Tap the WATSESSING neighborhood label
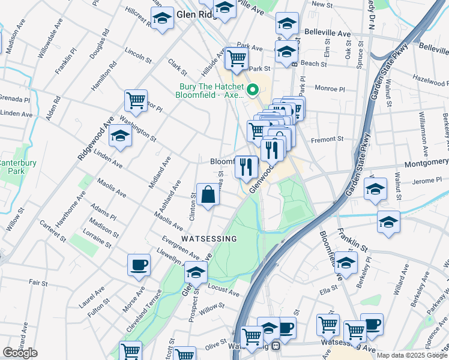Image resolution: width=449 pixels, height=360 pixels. coord(209,238)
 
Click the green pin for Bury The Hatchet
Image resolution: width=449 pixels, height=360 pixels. coord(253,91)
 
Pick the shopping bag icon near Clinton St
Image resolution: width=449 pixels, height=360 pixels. coord(208,195)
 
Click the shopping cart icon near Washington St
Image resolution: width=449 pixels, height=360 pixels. coord(136,100)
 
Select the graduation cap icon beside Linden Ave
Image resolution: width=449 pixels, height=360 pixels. coord(121,136)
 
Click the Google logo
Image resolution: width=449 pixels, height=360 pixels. coord(20,353)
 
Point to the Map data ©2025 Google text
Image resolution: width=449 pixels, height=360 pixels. coord(411,355)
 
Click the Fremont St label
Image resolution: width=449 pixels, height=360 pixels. coord(327,140)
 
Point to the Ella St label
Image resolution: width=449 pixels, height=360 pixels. coord(329,293)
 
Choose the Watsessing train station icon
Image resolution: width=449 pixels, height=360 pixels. coord(276,346)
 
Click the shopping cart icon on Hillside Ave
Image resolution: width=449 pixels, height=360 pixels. coord(237,59)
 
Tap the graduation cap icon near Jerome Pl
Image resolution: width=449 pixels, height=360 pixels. coord(376,189)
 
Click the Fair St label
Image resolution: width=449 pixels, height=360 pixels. coord(38,282)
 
